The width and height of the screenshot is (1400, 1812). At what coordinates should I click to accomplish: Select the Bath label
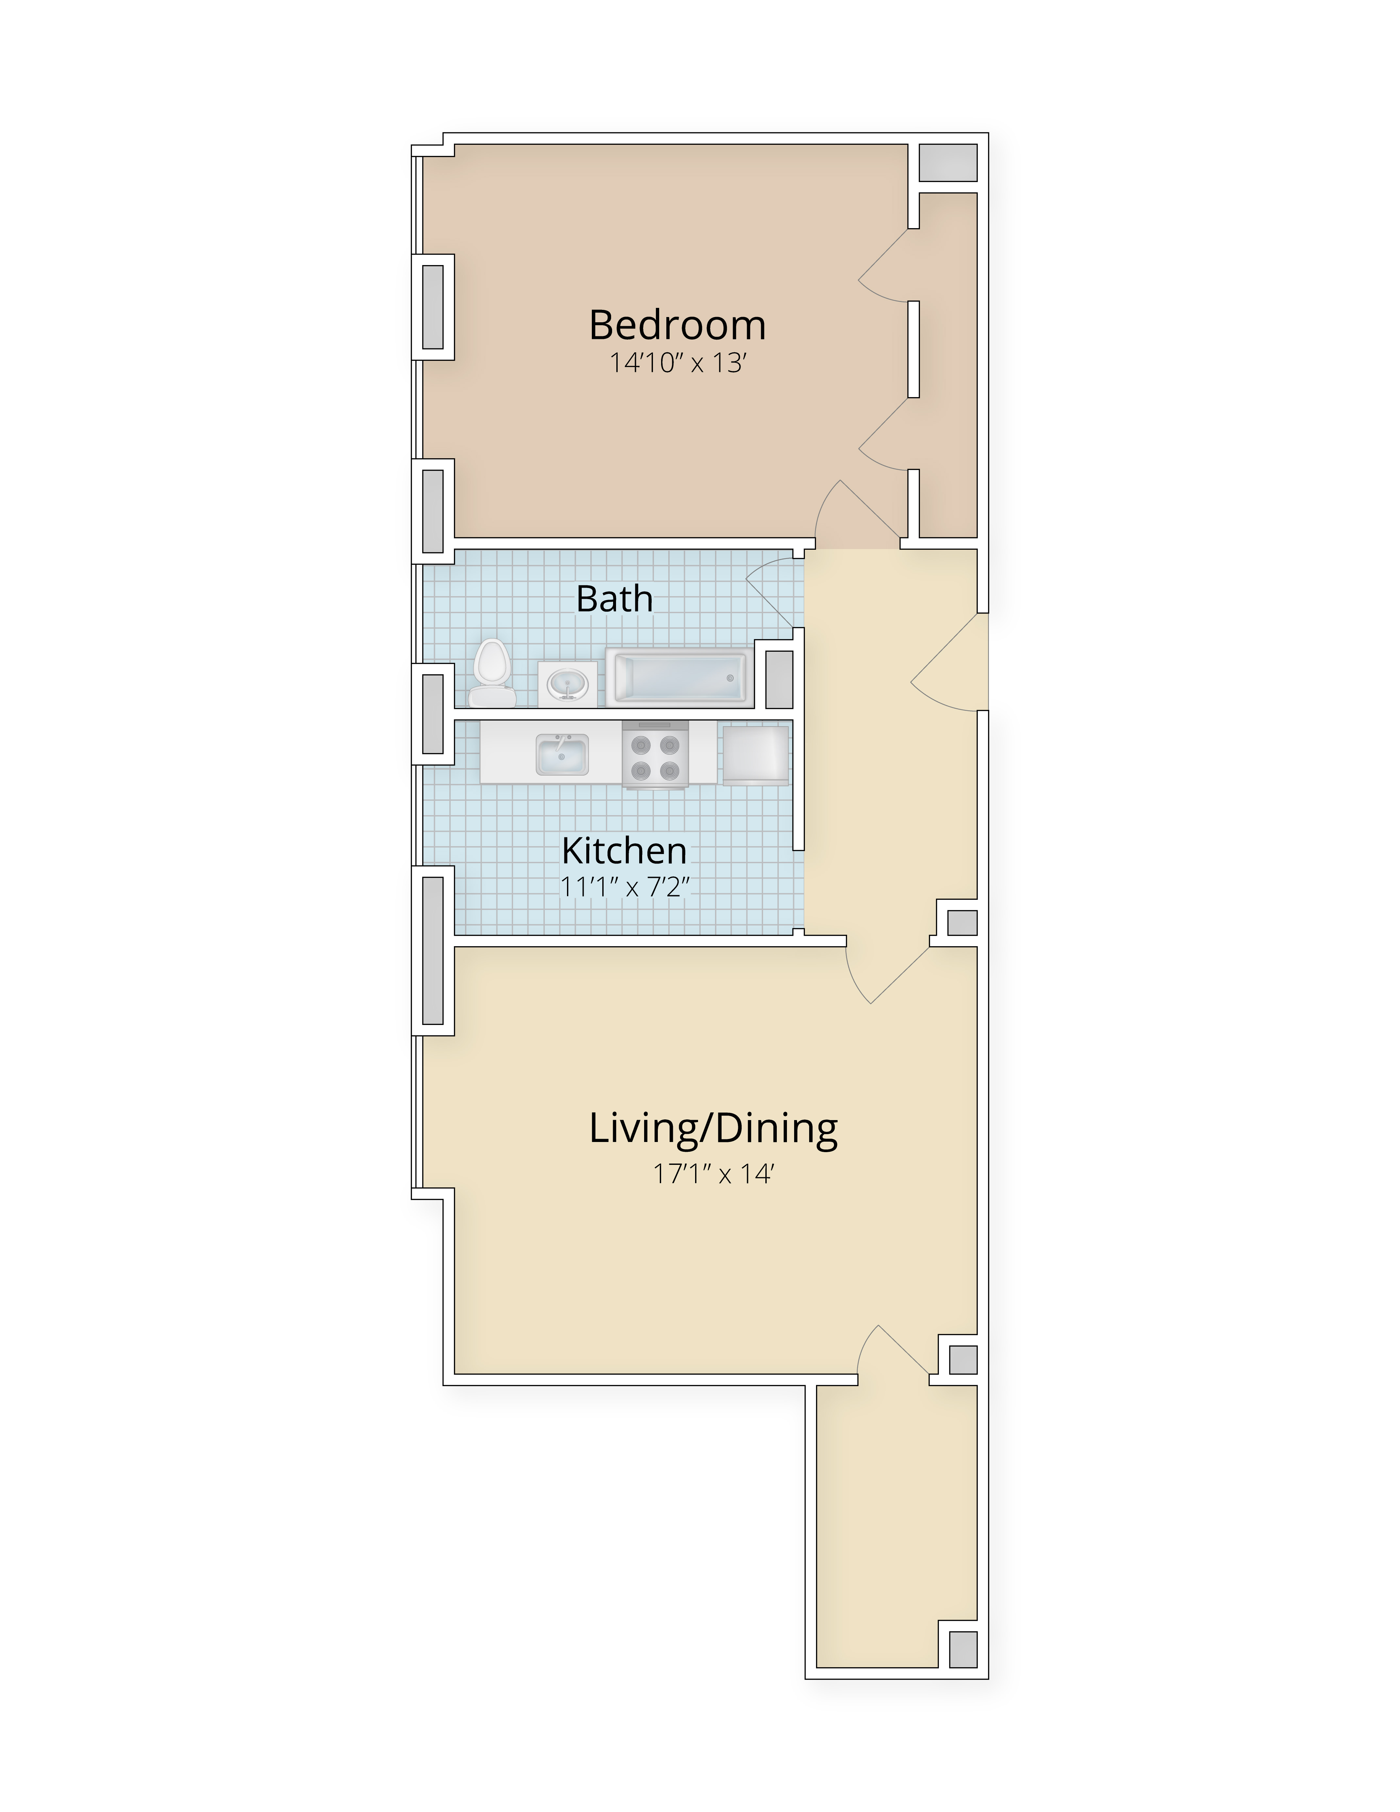pyautogui.click(x=615, y=598)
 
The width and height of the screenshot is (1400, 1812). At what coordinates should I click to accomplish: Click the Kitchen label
pyautogui.click(x=624, y=850)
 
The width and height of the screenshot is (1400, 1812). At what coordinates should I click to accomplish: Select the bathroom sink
pyautogui.click(x=568, y=684)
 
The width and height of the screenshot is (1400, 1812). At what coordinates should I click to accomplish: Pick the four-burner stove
pyautogui.click(x=654, y=754)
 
